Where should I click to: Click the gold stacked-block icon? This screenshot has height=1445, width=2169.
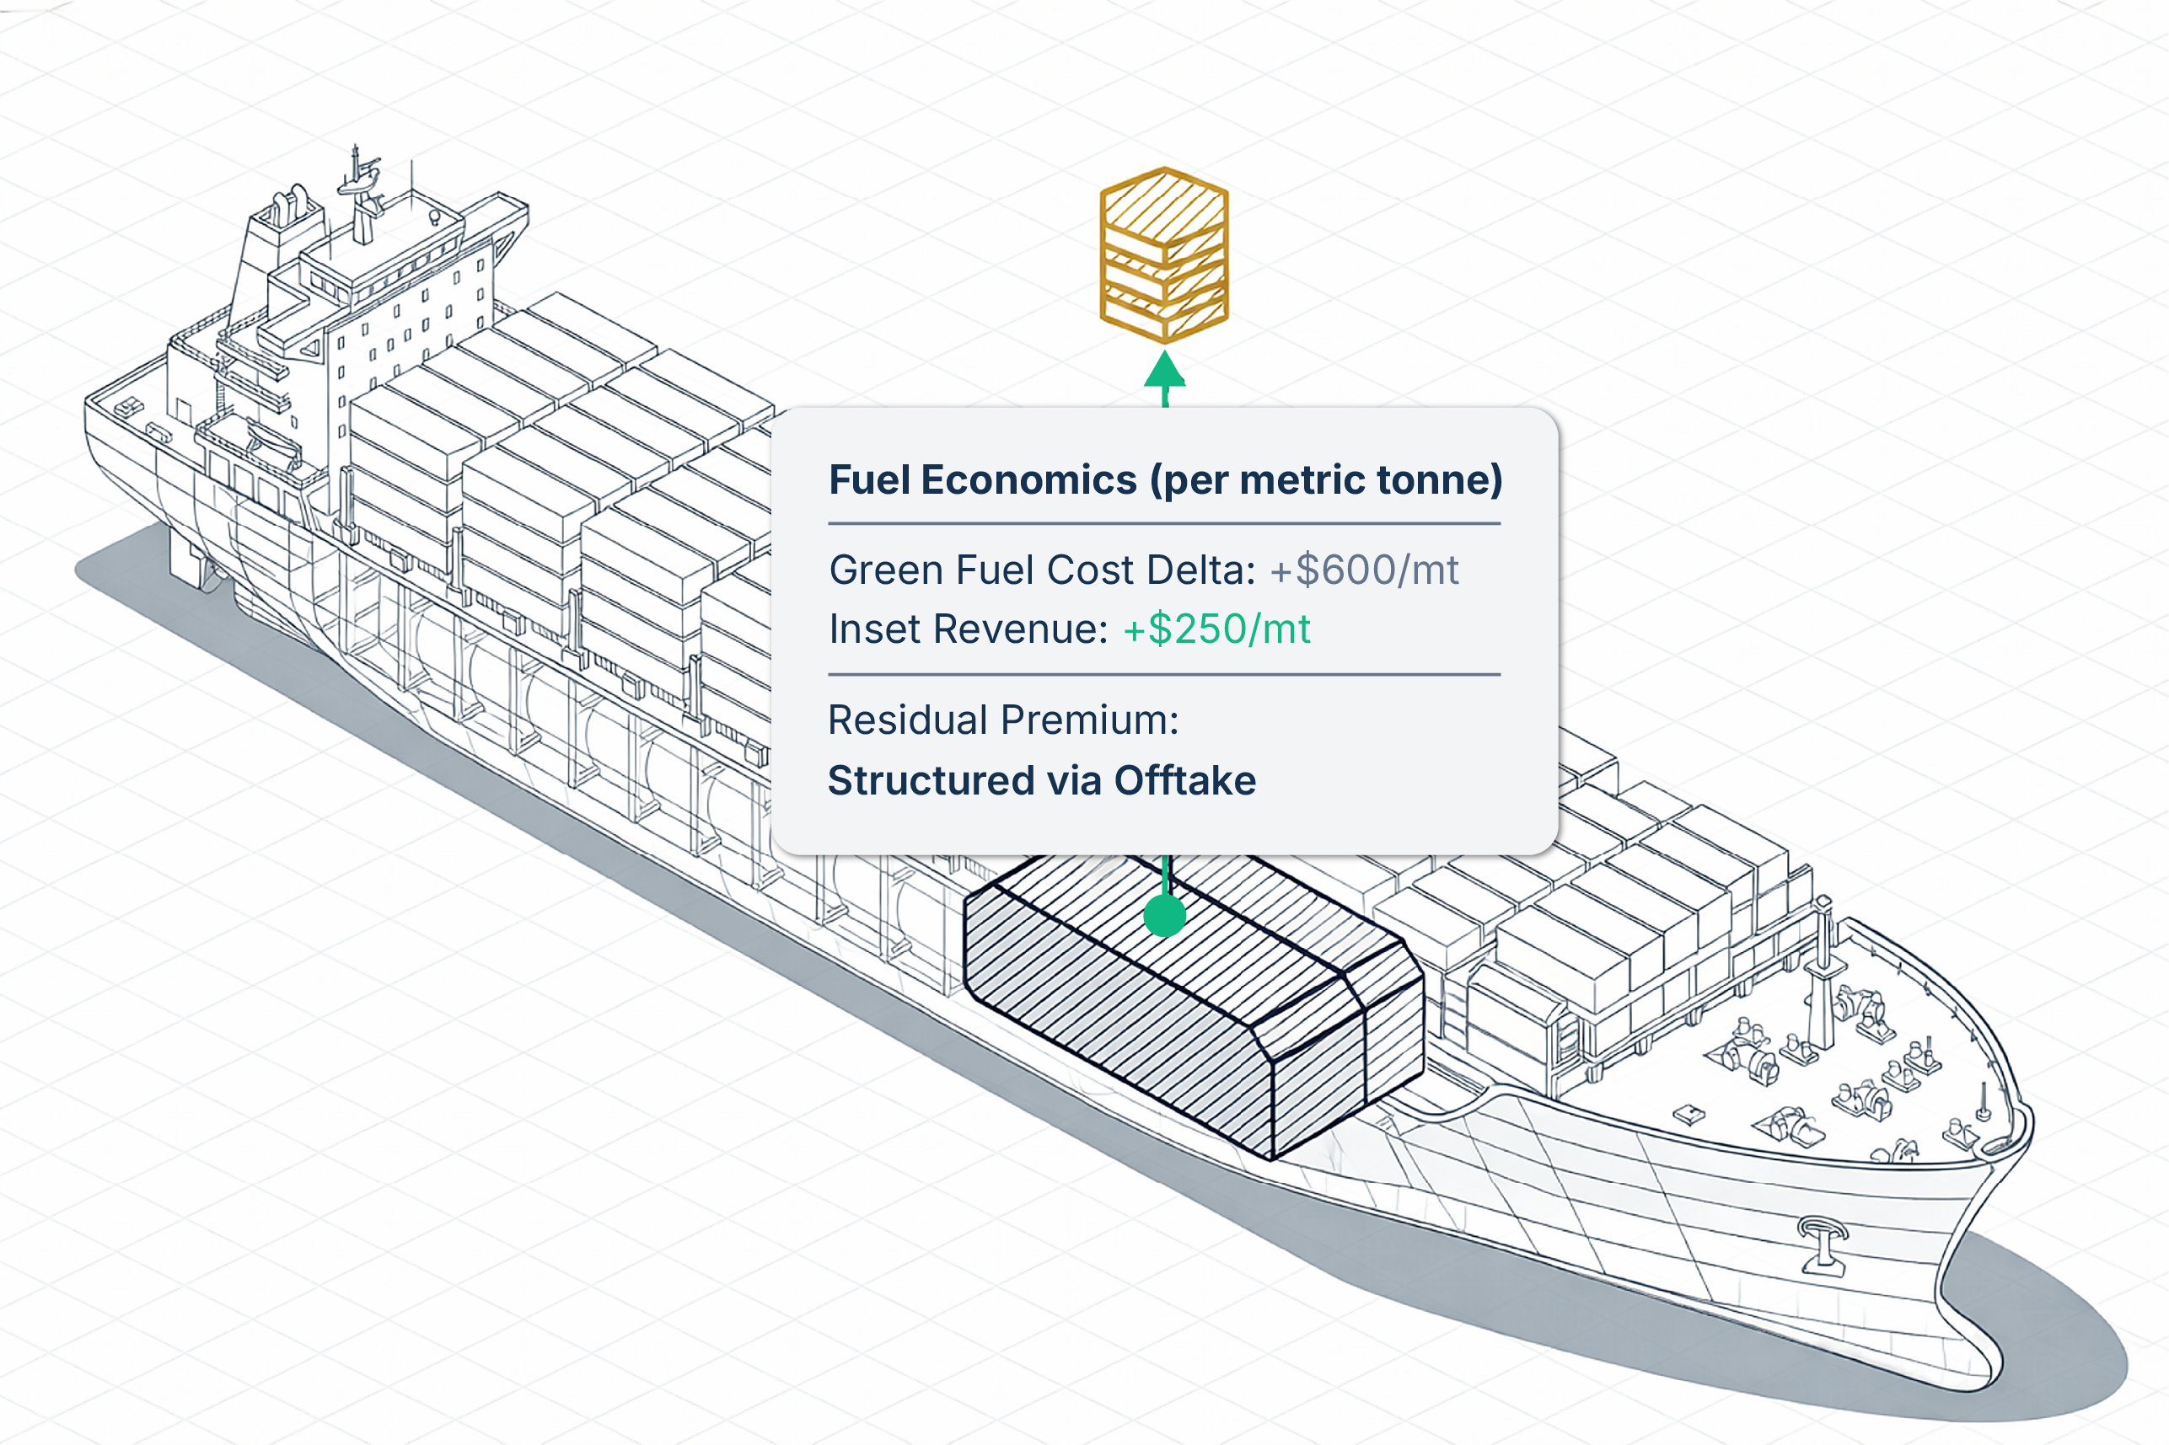(1164, 255)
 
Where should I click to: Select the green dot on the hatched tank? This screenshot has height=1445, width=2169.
(1164, 916)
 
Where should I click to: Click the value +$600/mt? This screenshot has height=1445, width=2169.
(1364, 570)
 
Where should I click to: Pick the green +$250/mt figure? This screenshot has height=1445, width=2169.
(1216, 629)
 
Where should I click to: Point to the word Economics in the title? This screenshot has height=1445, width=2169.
(1028, 480)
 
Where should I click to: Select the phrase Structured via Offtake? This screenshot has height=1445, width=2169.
(1042, 780)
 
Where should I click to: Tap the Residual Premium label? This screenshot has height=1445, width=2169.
(1003, 720)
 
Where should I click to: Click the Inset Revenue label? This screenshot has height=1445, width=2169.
(968, 629)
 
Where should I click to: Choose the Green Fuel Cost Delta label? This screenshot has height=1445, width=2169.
(1042, 570)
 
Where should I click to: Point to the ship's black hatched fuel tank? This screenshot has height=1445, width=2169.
(1194, 1004)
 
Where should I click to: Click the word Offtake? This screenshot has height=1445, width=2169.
(1185, 780)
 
